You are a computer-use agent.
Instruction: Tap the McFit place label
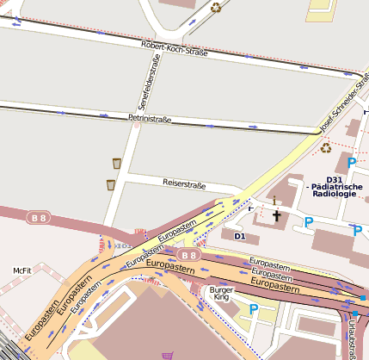click(x=22, y=270)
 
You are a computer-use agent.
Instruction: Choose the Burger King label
click(x=221, y=295)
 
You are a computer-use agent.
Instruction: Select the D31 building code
click(x=335, y=179)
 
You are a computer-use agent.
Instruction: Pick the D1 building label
click(x=240, y=235)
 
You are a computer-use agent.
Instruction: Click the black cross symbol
click(x=276, y=215)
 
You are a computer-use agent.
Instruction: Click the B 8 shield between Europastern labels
click(x=189, y=255)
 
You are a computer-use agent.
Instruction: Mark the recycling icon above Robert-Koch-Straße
click(x=216, y=8)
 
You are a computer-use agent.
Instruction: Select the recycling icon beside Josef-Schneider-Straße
click(x=326, y=147)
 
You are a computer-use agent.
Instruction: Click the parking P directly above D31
click(x=351, y=162)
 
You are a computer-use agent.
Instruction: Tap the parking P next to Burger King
click(x=253, y=309)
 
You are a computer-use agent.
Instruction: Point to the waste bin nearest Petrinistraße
click(x=116, y=163)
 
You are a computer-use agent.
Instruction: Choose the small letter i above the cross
click(x=274, y=200)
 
